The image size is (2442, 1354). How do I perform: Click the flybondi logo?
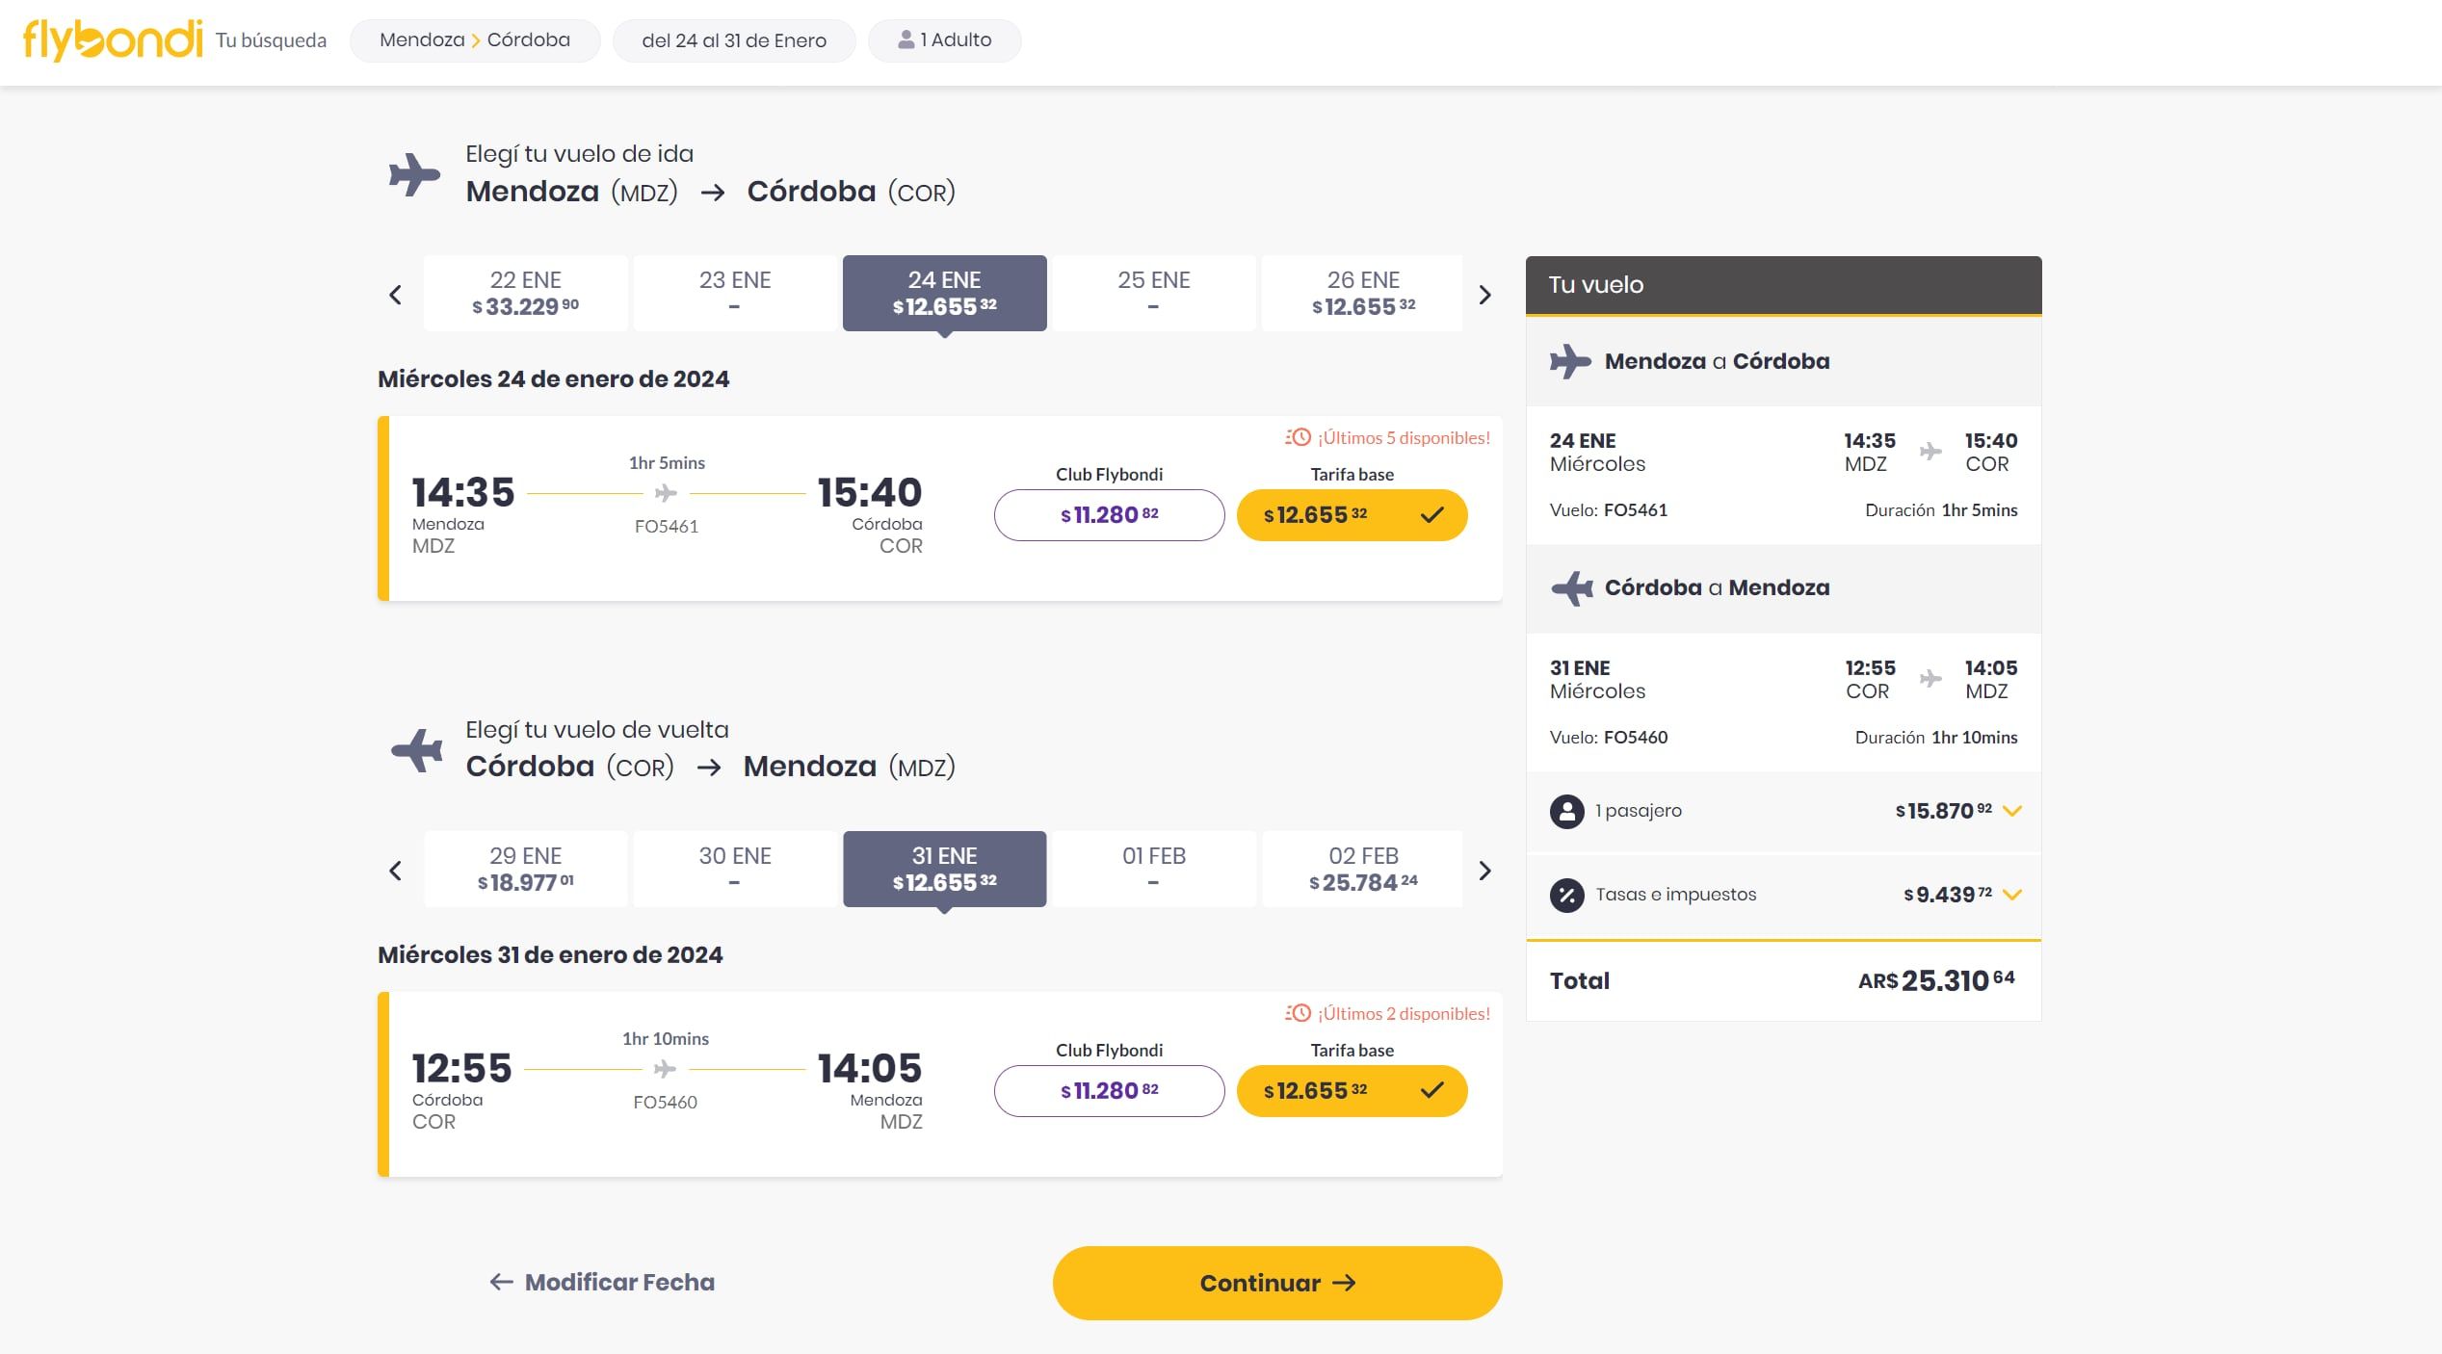113,40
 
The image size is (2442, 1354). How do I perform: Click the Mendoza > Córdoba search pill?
475,40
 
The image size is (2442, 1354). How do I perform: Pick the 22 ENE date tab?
525,293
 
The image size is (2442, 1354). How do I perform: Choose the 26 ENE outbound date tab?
1362,293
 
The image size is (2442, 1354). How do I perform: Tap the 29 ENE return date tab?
525,869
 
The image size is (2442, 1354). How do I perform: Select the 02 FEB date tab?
1362,869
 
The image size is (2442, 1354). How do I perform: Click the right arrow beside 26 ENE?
1484,295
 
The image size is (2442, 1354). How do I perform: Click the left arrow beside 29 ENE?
395,871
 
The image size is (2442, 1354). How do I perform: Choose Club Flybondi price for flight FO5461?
1109,515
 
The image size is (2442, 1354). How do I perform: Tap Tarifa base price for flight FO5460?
1351,1091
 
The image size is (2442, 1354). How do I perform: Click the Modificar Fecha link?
602,1282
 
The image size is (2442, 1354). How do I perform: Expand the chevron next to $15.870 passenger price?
2011,811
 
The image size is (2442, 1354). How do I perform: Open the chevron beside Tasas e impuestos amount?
2011,895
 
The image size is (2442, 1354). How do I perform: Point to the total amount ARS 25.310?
1936,980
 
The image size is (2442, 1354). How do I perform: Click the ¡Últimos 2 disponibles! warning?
1388,1013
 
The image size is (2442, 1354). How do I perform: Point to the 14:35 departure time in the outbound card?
463,492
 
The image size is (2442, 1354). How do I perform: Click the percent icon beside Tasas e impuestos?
1566,895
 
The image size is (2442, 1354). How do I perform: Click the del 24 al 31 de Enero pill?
734,40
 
